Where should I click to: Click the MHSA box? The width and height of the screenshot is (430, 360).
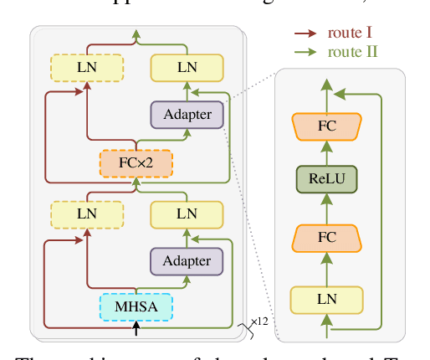pyautogui.click(x=136, y=306)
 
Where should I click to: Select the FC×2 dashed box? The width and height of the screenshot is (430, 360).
pyautogui.click(x=136, y=162)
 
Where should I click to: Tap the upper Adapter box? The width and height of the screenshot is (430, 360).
pyautogui.click(x=187, y=115)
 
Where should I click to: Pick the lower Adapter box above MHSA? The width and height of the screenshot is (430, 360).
pyautogui.click(x=187, y=261)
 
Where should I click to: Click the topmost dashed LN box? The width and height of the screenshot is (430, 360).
pyautogui.click(x=87, y=67)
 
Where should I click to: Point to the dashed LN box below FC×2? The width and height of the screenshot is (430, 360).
pyautogui.click(x=87, y=213)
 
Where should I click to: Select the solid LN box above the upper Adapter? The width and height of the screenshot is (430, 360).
pyautogui.click(x=187, y=67)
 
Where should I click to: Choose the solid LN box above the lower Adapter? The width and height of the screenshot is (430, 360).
pyautogui.click(x=187, y=213)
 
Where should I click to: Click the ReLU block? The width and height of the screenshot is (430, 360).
pyautogui.click(x=326, y=179)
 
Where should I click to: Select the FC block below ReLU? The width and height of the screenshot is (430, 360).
pyautogui.click(x=326, y=238)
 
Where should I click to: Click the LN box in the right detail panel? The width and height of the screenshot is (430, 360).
pyautogui.click(x=326, y=299)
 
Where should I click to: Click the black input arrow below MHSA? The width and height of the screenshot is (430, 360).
pyautogui.click(x=136, y=329)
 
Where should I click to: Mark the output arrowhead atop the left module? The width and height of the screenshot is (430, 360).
pyautogui.click(x=136, y=34)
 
